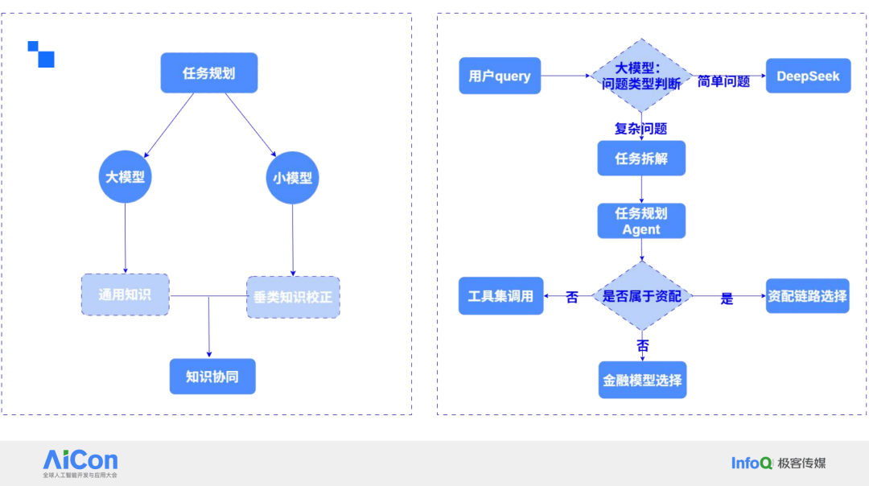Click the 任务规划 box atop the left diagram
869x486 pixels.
coord(208,73)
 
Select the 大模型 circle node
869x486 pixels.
coord(126,176)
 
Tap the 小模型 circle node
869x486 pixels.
coord(293,177)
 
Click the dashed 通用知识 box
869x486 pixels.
coord(125,294)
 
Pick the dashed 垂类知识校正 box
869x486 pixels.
coord(293,297)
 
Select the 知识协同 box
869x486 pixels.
coord(212,376)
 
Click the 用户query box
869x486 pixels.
coord(500,76)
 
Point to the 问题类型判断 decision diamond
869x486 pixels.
coord(641,76)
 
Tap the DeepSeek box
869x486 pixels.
coord(808,76)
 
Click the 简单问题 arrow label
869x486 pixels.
coord(723,81)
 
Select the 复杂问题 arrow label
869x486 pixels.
coord(640,128)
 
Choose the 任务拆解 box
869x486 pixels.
coord(641,158)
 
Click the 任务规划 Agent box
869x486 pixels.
coord(641,220)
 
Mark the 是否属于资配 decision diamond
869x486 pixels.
coord(641,296)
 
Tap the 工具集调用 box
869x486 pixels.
coord(500,296)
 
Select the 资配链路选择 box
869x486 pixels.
coord(807,296)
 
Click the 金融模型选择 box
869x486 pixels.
coord(641,380)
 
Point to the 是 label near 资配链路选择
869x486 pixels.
coord(727,299)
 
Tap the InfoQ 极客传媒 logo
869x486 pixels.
coord(778,463)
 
